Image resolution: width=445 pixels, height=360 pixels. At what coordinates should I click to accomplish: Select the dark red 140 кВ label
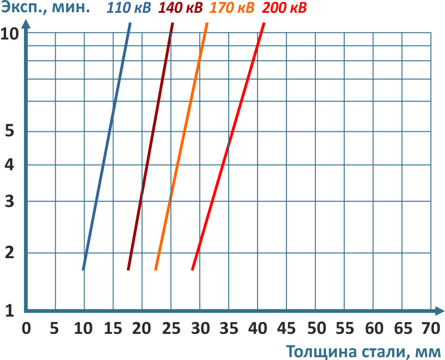pos(181,9)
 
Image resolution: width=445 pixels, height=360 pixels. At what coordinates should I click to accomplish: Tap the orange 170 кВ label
pos(233,9)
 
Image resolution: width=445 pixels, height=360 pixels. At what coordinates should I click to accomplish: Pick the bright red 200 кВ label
pos(284,9)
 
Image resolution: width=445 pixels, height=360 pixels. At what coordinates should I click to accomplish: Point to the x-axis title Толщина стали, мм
pos(364,352)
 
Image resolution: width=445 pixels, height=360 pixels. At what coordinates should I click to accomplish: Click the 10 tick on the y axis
pos(10,33)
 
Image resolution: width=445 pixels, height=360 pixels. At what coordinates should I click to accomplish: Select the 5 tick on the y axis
pos(9,132)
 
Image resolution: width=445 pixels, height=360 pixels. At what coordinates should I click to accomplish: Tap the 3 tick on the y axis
pos(9,201)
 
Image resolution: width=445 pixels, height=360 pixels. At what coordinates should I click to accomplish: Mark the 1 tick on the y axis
pos(9,310)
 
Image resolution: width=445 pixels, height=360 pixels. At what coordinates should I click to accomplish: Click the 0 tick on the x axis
pos(26,327)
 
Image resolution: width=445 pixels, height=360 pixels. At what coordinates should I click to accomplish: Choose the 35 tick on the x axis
pos(229,327)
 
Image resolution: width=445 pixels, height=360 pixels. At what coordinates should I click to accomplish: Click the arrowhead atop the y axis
pos(26,24)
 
